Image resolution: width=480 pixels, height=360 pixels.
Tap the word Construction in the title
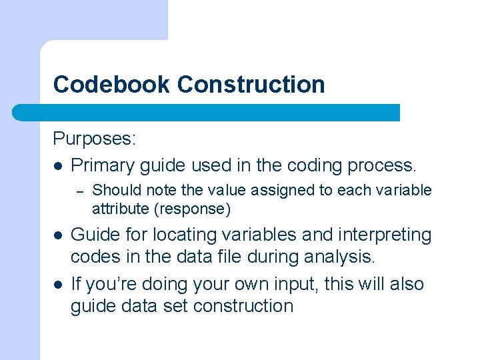tap(251, 85)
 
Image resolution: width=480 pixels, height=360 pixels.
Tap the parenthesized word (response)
tap(192, 209)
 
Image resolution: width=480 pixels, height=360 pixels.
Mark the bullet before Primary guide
tap(58, 165)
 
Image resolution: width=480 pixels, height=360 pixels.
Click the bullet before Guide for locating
tap(58, 235)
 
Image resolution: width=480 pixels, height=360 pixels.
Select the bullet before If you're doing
tap(58, 285)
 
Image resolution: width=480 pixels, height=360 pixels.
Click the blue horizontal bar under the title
tap(207, 112)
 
